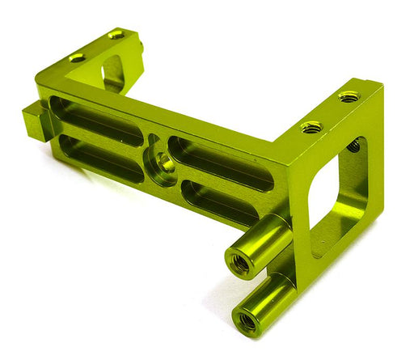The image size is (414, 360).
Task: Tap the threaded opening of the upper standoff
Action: point(240,261)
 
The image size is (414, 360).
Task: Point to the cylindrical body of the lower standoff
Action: point(271,299)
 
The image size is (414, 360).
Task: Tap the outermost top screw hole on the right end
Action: point(349,97)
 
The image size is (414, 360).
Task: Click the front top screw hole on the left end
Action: point(78,57)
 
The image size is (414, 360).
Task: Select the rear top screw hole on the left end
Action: point(116,35)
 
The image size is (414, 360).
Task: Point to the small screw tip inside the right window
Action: point(353,146)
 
